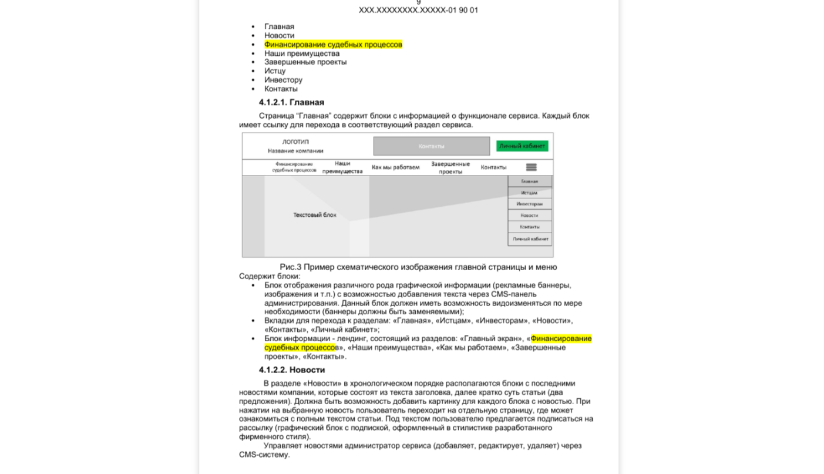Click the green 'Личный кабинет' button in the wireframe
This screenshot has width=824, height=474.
(x=522, y=146)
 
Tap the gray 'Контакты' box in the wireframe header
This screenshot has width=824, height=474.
(x=431, y=146)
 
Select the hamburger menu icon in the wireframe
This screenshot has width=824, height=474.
(x=531, y=167)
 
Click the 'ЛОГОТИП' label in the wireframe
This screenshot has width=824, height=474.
(x=295, y=142)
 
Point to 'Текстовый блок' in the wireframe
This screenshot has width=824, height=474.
(x=315, y=215)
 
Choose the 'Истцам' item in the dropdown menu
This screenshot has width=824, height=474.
(x=529, y=193)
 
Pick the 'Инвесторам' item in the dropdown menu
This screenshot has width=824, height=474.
(x=529, y=204)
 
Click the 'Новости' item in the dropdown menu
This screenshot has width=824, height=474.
(x=529, y=215)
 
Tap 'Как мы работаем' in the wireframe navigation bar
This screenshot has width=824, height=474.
(x=395, y=167)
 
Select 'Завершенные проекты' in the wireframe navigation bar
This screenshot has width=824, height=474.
(x=450, y=167)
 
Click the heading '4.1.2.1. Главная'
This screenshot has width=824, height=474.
(x=291, y=102)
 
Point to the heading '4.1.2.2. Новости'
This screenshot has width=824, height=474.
(x=292, y=370)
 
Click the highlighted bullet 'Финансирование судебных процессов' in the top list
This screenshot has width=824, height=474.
(x=333, y=45)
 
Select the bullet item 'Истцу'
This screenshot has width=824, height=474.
(x=275, y=71)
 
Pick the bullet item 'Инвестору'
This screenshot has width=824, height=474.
(x=283, y=80)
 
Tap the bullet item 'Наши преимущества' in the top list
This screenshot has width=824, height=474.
(x=302, y=53)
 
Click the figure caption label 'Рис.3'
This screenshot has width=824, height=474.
(x=290, y=267)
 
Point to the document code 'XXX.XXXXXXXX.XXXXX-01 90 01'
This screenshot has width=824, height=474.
(x=418, y=10)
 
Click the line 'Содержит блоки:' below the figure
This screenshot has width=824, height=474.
(x=269, y=276)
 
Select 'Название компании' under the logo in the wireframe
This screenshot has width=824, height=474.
(x=295, y=151)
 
